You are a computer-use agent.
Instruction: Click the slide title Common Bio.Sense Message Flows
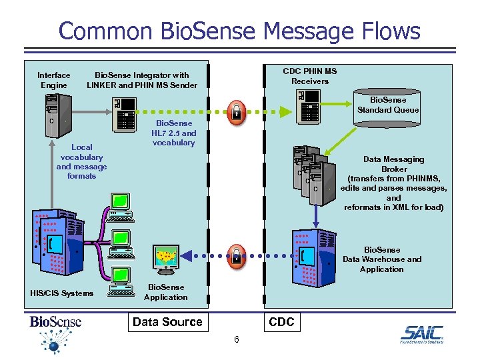point(239,31)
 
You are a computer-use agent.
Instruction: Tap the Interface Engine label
point(53,80)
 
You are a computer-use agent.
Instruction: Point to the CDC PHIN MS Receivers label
point(310,76)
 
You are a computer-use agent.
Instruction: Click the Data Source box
point(167,322)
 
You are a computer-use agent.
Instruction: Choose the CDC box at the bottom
point(281,322)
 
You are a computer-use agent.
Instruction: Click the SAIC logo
point(421,335)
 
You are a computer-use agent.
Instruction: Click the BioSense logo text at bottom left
point(55,322)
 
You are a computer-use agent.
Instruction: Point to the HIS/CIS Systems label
point(62,293)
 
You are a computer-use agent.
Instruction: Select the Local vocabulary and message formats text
point(81,161)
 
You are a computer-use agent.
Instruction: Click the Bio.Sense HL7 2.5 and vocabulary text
point(174,133)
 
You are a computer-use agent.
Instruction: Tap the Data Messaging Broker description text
point(393,183)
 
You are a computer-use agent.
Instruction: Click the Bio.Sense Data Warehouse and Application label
point(382,259)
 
